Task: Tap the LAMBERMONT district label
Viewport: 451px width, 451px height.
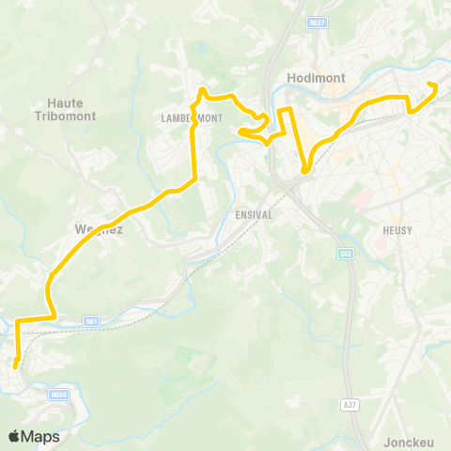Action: point(190,118)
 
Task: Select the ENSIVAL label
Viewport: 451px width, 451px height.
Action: point(253,213)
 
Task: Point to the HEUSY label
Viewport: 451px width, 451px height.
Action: point(398,229)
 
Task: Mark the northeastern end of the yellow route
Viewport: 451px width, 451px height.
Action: point(434,85)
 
